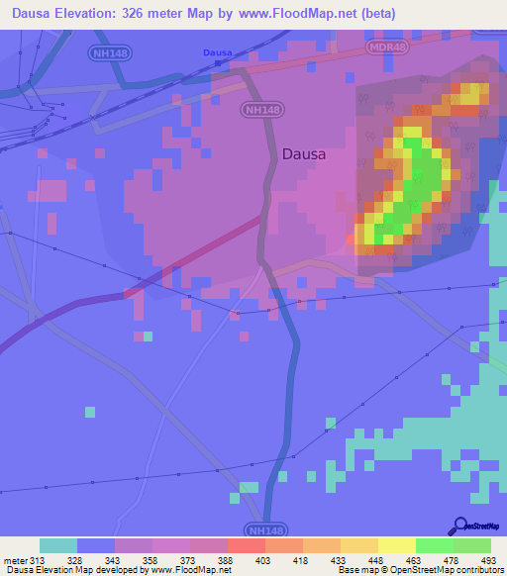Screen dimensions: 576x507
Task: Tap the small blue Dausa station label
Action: click(216, 52)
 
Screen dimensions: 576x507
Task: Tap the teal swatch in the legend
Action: click(58, 545)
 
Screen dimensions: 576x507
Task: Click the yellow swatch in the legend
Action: click(396, 545)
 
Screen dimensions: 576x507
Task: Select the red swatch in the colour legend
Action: click(246, 545)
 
